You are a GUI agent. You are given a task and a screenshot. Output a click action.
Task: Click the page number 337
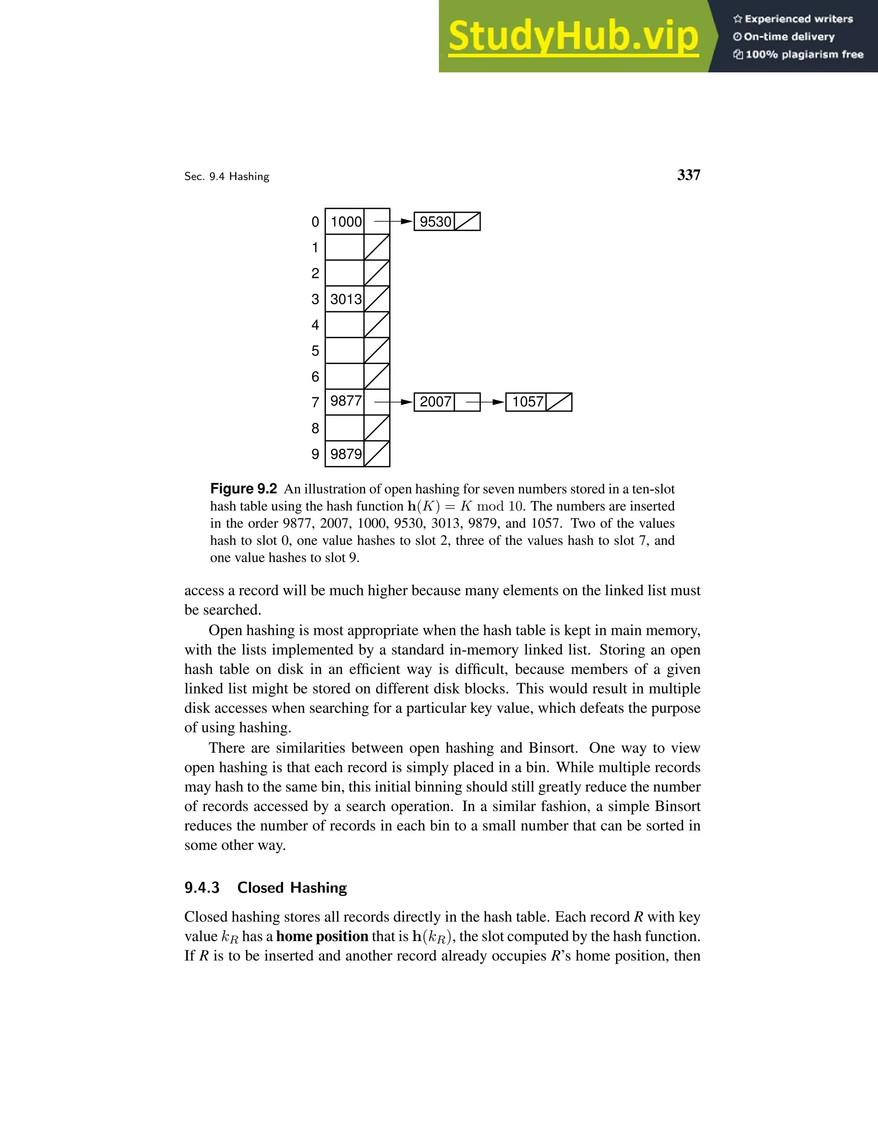tap(688, 175)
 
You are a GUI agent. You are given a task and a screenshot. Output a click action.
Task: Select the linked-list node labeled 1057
tap(527, 402)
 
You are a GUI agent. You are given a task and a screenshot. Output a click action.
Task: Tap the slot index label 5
tap(315, 351)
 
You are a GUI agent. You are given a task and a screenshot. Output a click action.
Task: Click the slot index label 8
tap(315, 429)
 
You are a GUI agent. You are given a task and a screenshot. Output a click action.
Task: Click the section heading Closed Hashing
tap(292, 888)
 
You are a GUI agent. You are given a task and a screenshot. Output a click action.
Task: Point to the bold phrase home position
tap(322, 937)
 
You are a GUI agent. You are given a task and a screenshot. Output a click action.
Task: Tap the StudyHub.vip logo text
tap(573, 36)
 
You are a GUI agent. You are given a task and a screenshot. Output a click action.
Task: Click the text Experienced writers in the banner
tap(798, 19)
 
